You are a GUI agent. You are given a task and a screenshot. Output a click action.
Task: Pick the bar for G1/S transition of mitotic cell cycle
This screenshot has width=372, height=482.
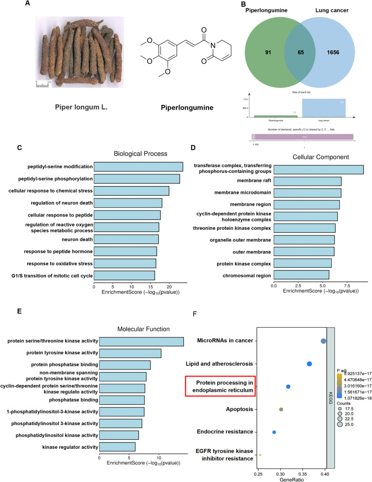tap(124, 275)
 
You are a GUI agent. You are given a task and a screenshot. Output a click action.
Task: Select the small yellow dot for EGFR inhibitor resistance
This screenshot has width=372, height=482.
tap(260, 455)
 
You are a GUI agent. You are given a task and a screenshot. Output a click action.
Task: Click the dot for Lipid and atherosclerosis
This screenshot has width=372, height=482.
tap(309, 364)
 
